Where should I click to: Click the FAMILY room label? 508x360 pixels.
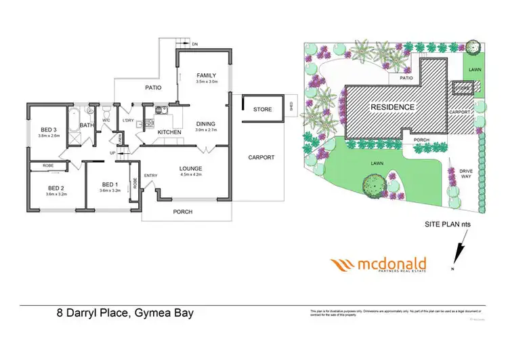206,75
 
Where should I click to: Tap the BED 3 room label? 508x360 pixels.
49,129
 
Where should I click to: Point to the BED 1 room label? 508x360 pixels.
110,184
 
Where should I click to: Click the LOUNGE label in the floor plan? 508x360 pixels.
192,168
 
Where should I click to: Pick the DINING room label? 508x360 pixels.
205,123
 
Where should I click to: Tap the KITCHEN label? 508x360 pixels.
169,132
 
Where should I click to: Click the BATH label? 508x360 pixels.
87,125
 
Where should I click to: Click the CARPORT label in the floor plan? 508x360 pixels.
261,157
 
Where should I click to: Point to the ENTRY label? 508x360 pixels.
150,176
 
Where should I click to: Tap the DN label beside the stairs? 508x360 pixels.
195,44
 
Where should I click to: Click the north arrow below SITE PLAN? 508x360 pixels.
458,254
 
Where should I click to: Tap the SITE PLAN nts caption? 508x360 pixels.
442,223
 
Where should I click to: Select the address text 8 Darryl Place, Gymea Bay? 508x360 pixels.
125,313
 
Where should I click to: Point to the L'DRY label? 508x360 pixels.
128,121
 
